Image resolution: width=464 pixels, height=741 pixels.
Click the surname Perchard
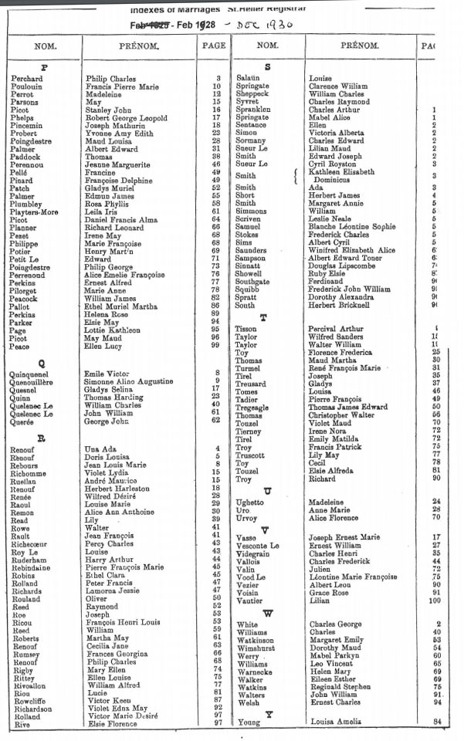pos(28,79)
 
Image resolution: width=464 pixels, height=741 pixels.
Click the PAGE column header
pos(213,46)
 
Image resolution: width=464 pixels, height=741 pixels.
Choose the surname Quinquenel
pos(35,373)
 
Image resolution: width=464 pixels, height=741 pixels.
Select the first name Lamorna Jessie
pos(113,590)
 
